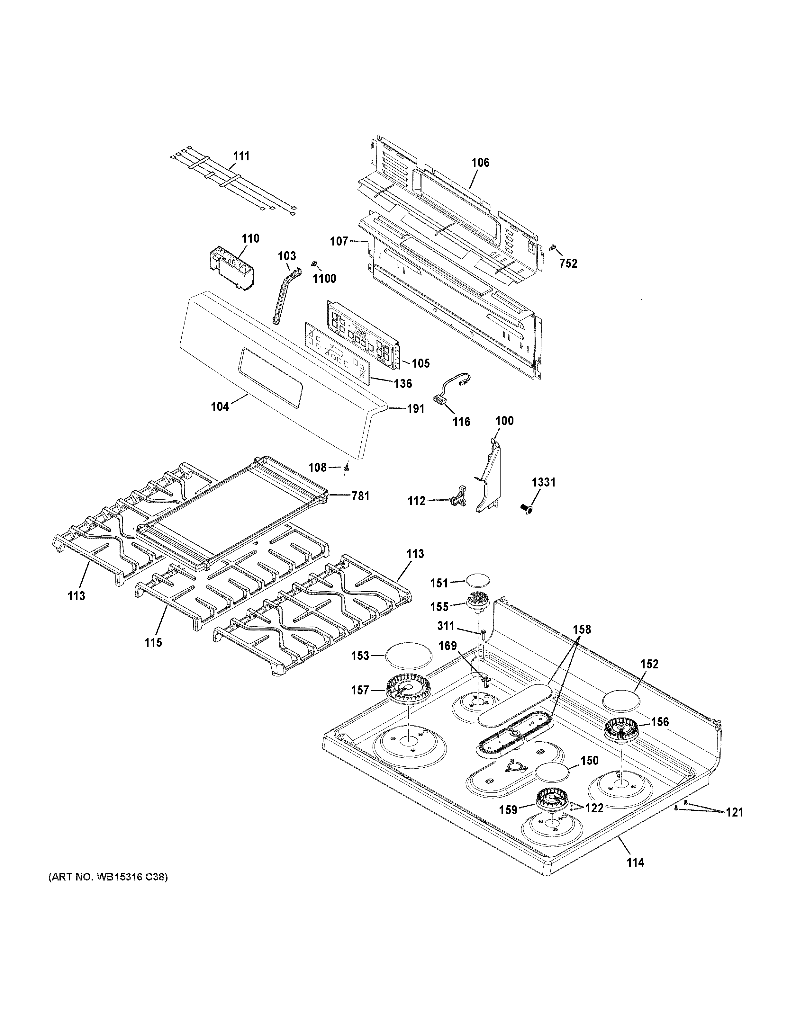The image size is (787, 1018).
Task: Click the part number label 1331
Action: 544,482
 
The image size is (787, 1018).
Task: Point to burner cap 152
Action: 621,699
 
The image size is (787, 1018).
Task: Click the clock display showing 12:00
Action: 360,334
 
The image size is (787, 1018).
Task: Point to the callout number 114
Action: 635,862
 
